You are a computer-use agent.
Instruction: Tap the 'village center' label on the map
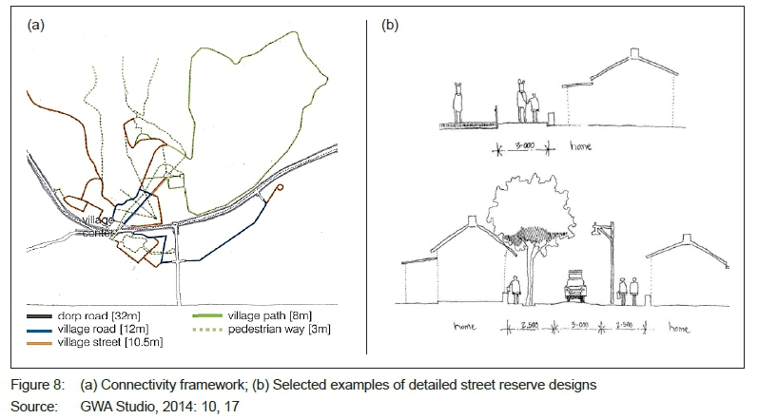point(97,226)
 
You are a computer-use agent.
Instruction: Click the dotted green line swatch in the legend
point(203,329)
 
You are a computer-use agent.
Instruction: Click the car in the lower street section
point(575,286)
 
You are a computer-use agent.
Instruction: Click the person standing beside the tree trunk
point(515,289)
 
